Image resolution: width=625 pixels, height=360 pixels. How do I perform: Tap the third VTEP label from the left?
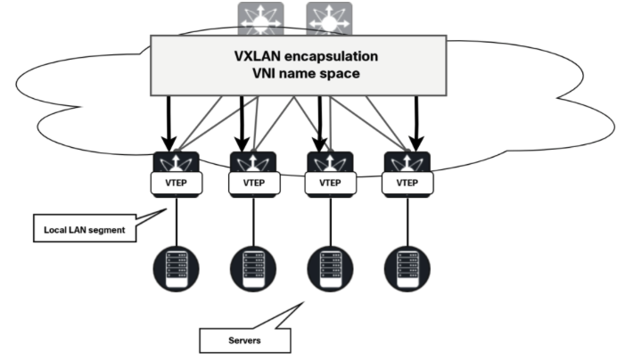pos(330,184)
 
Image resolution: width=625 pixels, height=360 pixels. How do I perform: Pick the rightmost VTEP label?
pos(407,184)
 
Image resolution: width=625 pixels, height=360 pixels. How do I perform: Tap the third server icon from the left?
pos(330,265)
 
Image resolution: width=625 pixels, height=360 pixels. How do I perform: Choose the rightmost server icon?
pos(407,265)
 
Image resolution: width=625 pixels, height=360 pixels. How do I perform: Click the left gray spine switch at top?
pos(260,19)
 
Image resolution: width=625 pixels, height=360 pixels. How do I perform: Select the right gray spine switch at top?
pos(329,19)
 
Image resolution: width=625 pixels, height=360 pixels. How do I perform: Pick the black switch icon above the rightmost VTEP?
pos(407,162)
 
